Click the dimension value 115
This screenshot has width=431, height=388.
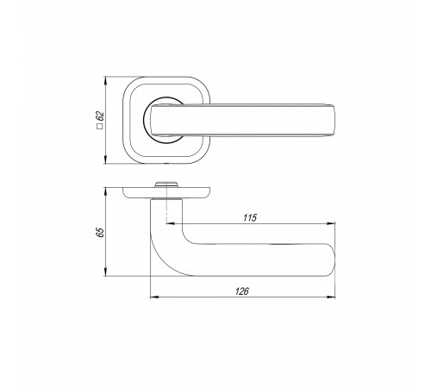pos(250,218)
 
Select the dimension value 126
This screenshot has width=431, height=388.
pos(242,291)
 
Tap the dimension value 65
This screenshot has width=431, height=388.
pos(100,232)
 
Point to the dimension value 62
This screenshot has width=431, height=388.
pos(100,116)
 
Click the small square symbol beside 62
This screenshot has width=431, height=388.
pos(100,126)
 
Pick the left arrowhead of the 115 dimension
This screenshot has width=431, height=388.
pos(171,223)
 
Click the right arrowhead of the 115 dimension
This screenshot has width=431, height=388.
pos(331,223)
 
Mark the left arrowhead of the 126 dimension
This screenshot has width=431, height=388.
pos(154,297)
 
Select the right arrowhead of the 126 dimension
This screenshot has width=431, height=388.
pos(331,297)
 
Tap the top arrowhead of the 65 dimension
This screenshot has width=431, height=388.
pos(106,191)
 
